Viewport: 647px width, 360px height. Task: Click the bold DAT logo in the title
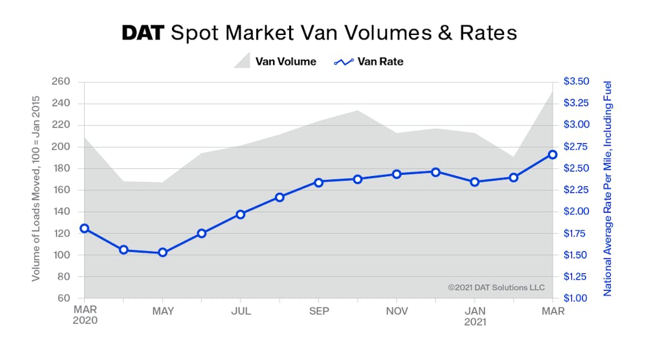coord(143,33)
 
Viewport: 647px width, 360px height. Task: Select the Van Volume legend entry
coord(275,62)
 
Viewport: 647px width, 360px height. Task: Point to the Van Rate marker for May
coord(162,253)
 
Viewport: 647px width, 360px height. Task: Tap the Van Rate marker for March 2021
coord(553,155)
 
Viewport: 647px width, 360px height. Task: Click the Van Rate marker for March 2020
coord(84,229)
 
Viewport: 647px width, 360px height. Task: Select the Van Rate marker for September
coord(318,182)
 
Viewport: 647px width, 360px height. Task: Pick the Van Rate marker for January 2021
coord(475,182)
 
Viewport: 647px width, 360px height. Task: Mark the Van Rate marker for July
coord(240,214)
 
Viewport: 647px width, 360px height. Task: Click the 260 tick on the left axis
coord(60,82)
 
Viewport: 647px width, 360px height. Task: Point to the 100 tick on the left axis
coord(60,255)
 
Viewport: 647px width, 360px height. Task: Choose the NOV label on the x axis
coord(397,311)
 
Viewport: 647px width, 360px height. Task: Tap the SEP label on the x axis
coord(318,311)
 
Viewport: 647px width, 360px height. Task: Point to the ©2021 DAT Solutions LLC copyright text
coord(496,287)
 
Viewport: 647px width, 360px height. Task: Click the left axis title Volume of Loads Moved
coord(36,188)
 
